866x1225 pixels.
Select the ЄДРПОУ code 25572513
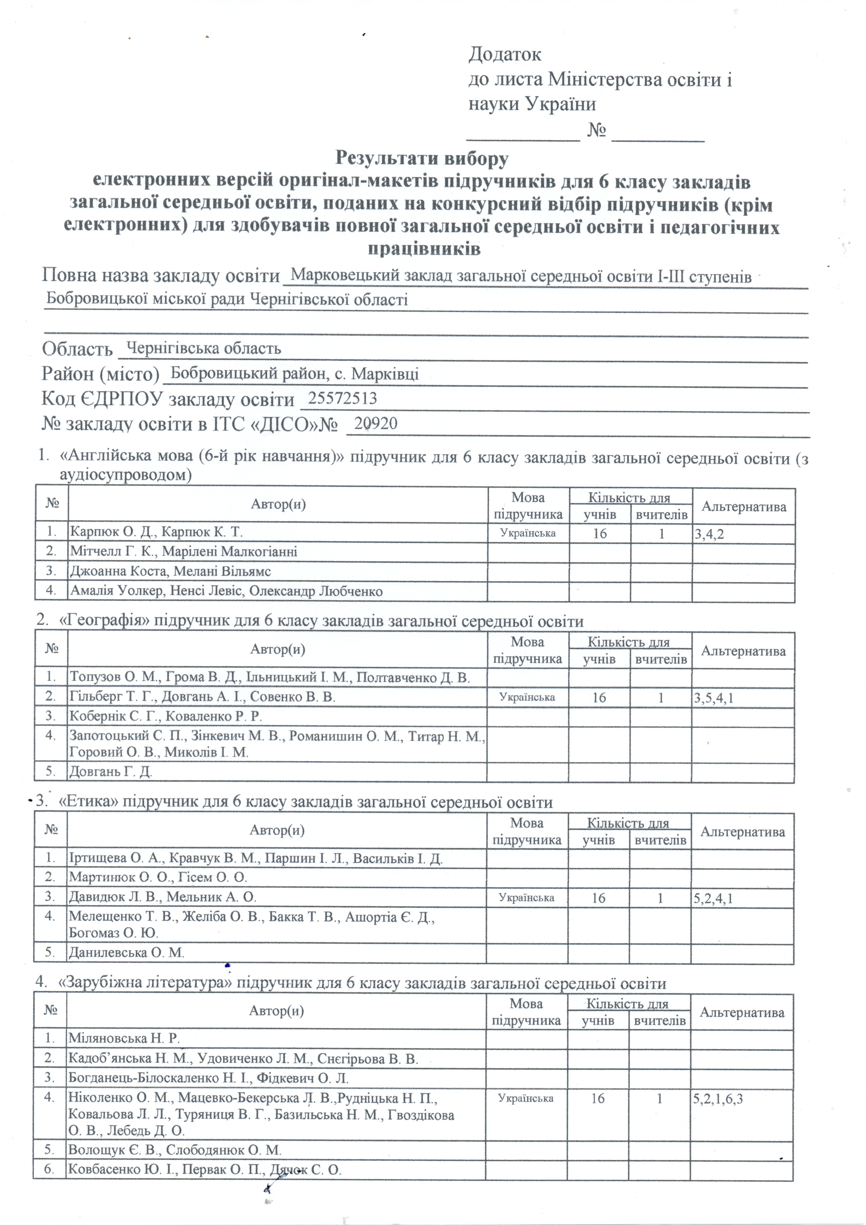click(342, 399)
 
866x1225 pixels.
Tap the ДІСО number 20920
click(376, 424)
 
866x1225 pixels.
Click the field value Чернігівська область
click(203, 349)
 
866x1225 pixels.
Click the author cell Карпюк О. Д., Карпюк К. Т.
click(156, 532)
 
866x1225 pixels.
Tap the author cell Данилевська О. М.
click(127, 952)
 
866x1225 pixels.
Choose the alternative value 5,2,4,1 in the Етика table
click(713, 899)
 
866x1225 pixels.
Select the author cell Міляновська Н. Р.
click(124, 1038)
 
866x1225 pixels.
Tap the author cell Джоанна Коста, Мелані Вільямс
click(170, 571)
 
